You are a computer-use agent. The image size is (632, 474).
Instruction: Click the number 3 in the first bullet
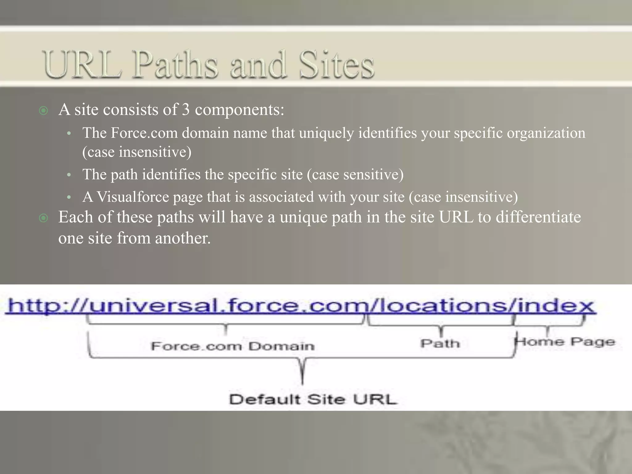click(185, 110)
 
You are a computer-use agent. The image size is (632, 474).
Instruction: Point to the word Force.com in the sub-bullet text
click(144, 133)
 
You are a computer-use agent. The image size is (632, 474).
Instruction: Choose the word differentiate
click(538, 217)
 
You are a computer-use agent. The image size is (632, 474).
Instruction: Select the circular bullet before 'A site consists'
click(44, 110)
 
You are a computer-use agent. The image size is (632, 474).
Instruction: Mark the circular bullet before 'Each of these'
click(44, 218)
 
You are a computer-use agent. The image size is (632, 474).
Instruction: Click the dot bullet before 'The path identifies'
click(69, 175)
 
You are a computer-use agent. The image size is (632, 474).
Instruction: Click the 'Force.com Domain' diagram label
click(233, 346)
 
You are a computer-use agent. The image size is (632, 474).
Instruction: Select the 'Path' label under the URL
click(440, 343)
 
